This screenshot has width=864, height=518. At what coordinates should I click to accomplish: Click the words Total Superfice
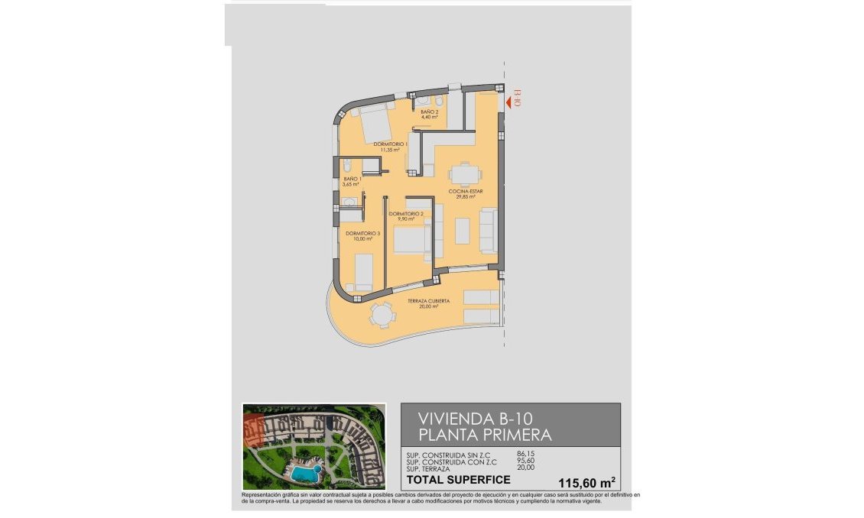tap(457, 480)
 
